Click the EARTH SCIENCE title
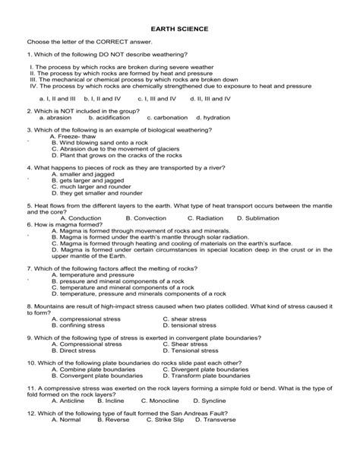pyautogui.click(x=180, y=28)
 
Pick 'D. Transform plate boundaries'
pyautogui.click(x=205, y=376)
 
